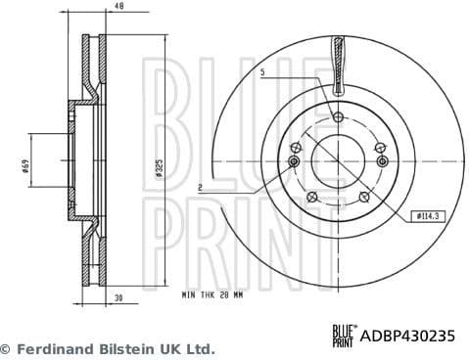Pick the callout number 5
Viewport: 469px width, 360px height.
263,73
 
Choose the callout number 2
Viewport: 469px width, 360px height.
199,186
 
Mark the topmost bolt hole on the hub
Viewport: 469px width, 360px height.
338,117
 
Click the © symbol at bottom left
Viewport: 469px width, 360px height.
6,348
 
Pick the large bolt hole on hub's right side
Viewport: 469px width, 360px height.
382,160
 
